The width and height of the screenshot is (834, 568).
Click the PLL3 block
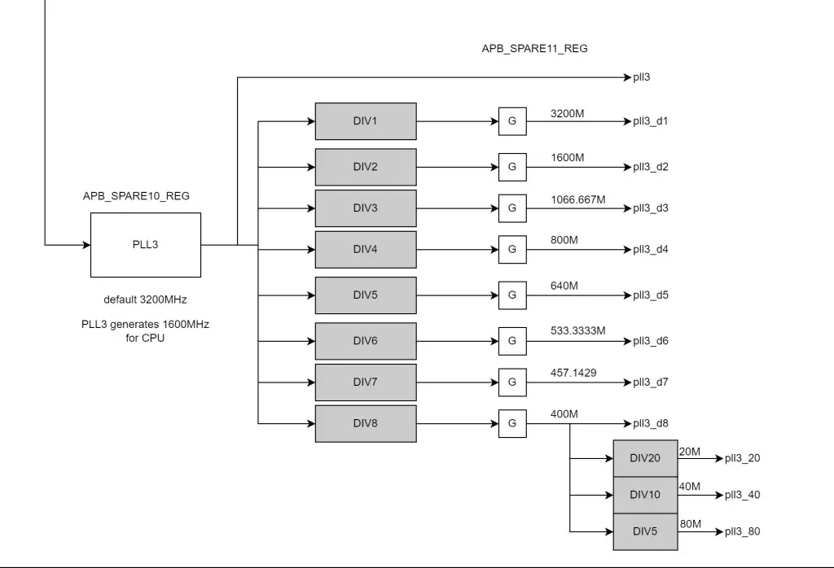tap(145, 245)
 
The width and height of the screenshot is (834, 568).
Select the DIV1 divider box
tap(365, 121)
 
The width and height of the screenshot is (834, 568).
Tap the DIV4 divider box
tap(365, 250)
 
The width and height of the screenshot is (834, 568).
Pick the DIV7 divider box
tap(365, 382)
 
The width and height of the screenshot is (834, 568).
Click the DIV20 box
tap(645, 458)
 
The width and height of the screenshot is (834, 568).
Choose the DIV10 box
tap(645, 495)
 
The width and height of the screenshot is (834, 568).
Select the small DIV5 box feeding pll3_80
tap(645, 532)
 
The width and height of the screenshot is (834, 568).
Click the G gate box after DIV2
tap(512, 167)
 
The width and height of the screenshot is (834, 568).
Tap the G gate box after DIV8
tap(512, 424)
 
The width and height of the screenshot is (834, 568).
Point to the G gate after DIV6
tap(512, 341)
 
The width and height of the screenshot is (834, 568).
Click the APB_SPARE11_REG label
tap(534, 49)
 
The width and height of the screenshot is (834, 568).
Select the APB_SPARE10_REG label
tap(136, 196)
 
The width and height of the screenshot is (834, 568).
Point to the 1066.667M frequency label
tap(577, 199)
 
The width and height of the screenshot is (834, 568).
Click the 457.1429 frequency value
tap(573, 373)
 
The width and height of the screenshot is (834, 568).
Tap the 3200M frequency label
tap(567, 113)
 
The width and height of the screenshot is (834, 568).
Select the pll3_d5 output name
tap(651, 295)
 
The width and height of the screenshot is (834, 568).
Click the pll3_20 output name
tap(742, 458)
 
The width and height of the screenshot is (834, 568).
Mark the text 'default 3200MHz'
tap(145, 299)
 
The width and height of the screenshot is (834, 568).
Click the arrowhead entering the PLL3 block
tap(86, 245)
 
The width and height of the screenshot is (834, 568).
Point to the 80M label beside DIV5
tap(690, 524)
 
